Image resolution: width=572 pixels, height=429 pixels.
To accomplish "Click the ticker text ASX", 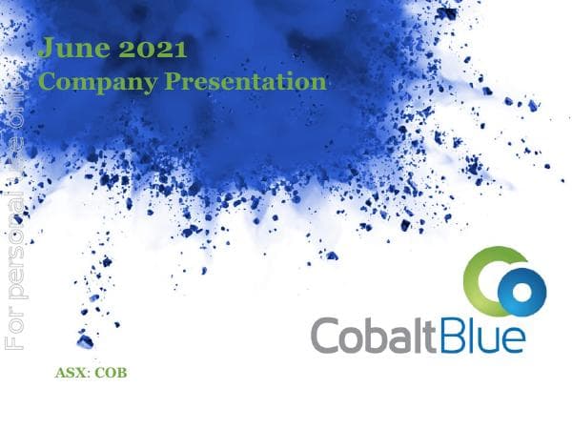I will [x=69, y=373].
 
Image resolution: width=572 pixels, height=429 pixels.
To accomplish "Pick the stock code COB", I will [x=110, y=373].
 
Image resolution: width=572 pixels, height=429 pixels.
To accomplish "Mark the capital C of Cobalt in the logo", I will [x=327, y=335].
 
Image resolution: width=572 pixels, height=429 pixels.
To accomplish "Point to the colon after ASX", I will [x=86, y=374].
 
